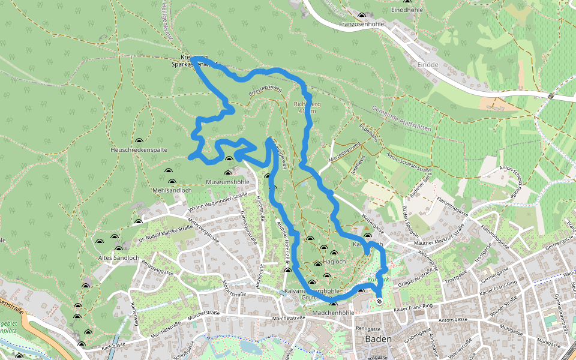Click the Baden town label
(x=377, y=339)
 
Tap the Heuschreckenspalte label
(x=139, y=149)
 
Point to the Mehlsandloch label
(x=172, y=190)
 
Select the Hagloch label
(x=334, y=262)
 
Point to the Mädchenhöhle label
(x=334, y=313)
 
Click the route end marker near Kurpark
(x=379, y=301)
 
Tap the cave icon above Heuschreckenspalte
(x=139, y=139)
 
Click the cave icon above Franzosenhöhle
(x=361, y=16)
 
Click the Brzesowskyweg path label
(x=265, y=91)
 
